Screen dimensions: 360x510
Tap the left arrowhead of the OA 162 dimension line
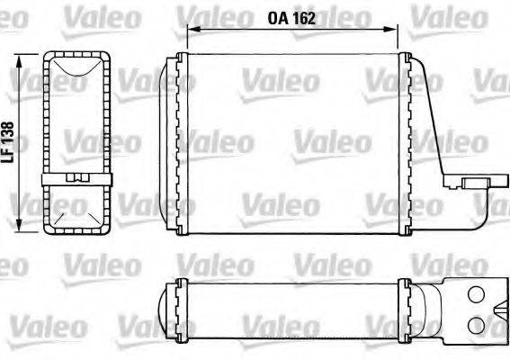tap(189, 29)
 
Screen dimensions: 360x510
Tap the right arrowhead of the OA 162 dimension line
tap(396, 29)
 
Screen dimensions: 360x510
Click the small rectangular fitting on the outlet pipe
tap(473, 183)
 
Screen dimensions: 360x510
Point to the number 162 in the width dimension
tap(305, 18)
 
